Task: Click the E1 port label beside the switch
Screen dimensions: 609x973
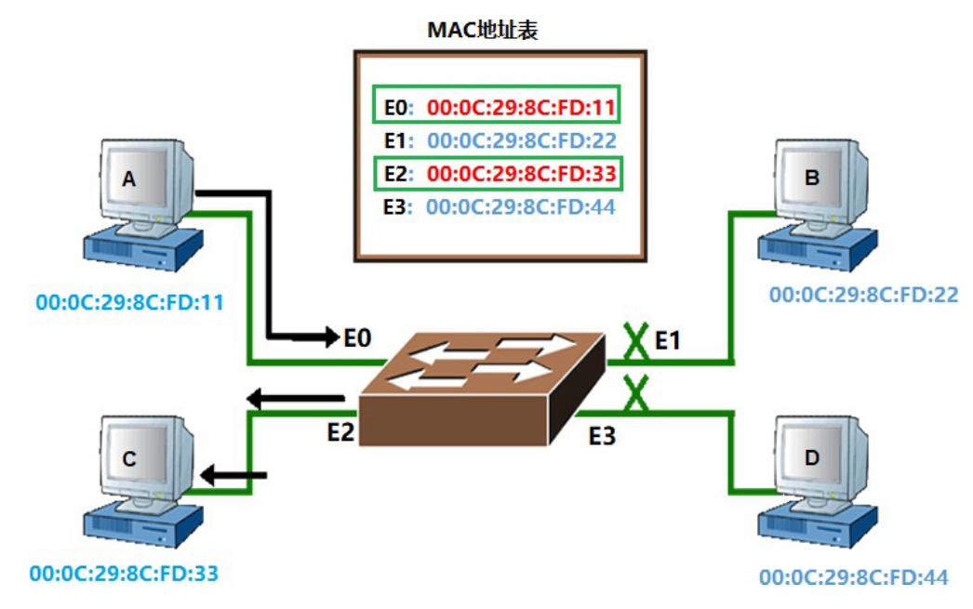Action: (667, 341)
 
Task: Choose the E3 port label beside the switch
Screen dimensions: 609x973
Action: (602, 434)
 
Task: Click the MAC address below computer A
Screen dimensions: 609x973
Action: (130, 302)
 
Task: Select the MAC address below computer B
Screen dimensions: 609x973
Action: (863, 295)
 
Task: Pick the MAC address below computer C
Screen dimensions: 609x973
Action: (124, 573)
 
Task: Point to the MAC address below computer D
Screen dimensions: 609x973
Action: (853, 577)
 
